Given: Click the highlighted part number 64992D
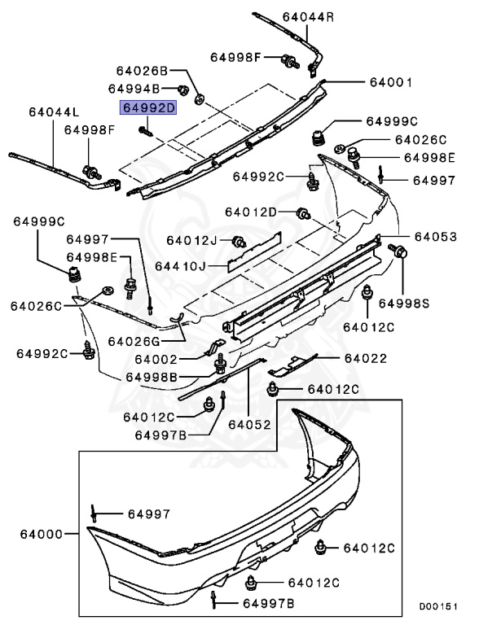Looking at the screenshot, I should pos(148,107).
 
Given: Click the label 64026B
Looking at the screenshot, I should pos(142,70).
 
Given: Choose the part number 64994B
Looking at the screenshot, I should pos(135,88).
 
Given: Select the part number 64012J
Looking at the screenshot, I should pos(191,240).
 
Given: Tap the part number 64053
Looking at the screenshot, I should pos(435,237).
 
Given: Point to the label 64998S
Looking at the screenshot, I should pos(425,303).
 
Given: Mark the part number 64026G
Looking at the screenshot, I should pos(134,341).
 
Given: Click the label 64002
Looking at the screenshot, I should pos(156,359).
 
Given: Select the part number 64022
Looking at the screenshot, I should pos(365,358).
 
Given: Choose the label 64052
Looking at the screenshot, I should pos(248,424).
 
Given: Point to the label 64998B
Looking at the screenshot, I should pos(152,377).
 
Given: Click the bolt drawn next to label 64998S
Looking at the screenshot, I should pos(400,252).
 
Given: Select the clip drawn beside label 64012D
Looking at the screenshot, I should pos(302,214).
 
